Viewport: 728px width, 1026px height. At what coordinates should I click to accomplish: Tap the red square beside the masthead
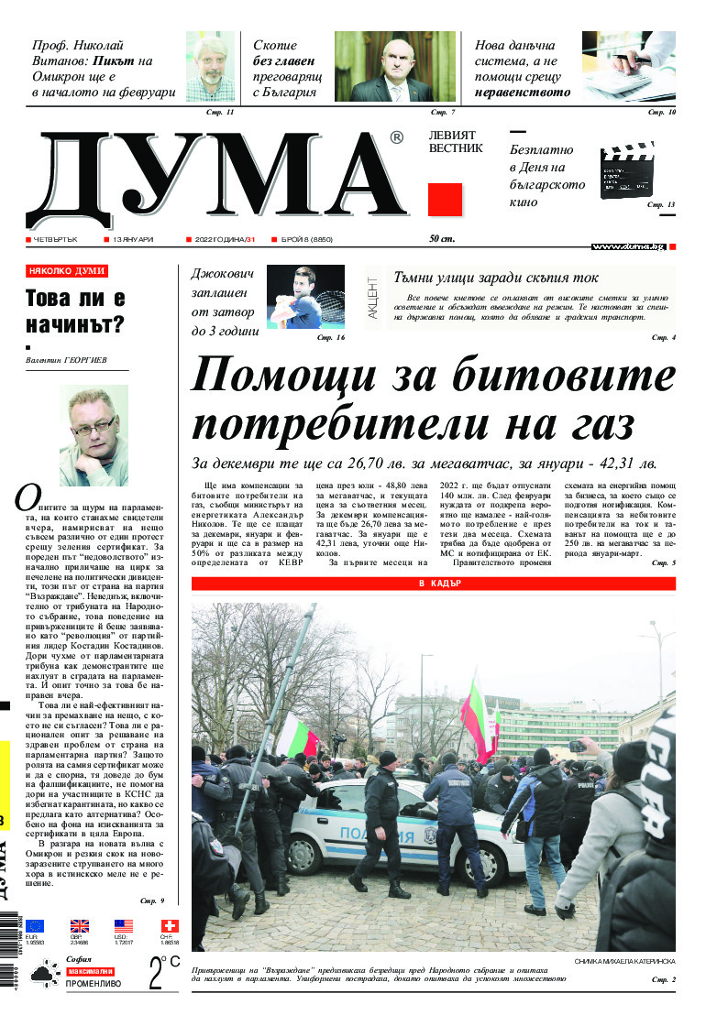(445, 200)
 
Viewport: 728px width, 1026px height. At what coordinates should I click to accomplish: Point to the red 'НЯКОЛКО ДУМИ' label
(67, 271)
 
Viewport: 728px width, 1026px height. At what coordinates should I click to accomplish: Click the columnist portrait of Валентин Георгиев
(94, 435)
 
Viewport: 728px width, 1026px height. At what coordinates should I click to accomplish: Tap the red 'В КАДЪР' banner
(433, 584)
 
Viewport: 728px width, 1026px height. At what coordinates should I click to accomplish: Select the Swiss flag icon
(170, 926)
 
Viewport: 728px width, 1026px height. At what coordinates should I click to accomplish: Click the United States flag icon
(124, 926)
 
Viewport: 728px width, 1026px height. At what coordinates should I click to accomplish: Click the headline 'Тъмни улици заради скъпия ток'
(495, 277)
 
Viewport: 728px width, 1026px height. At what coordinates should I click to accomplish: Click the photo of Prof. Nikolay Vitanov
(211, 66)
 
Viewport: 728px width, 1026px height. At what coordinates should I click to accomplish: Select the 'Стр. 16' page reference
(330, 339)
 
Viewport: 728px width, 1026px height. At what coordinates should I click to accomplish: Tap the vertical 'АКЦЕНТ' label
(372, 297)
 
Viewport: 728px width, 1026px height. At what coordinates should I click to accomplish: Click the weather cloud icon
(44, 976)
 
